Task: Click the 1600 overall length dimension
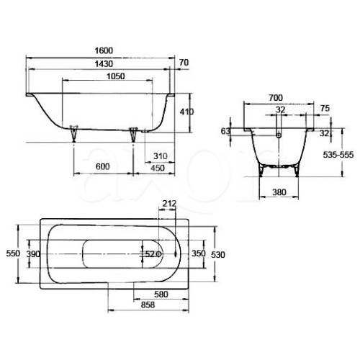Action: click(x=104, y=50)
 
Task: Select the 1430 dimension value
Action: click(x=104, y=64)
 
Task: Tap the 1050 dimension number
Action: click(x=116, y=76)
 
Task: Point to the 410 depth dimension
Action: click(x=186, y=112)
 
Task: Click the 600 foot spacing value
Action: click(x=102, y=166)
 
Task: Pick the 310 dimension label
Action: click(x=160, y=156)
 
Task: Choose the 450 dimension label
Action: click(x=158, y=168)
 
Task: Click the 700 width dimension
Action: click(x=276, y=98)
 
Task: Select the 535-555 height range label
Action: click(x=338, y=155)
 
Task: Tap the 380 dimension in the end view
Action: click(x=279, y=192)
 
